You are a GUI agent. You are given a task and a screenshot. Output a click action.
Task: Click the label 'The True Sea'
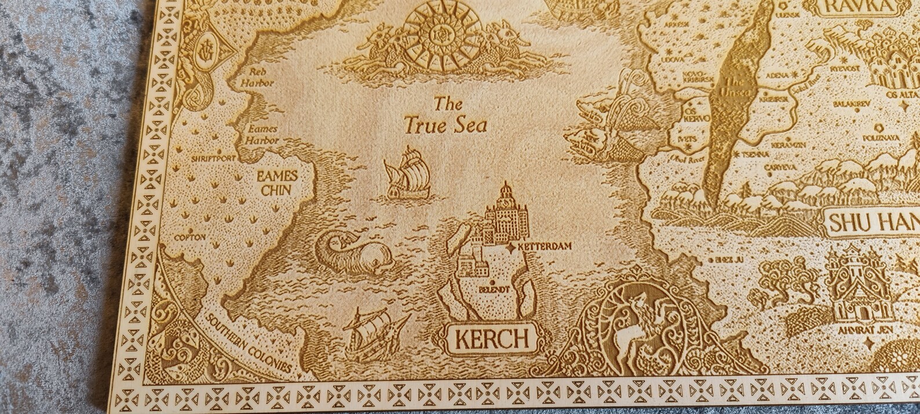pos(446,116)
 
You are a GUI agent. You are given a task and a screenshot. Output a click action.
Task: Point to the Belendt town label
pos(494,288)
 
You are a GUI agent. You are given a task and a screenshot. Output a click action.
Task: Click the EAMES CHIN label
pos(277,182)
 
